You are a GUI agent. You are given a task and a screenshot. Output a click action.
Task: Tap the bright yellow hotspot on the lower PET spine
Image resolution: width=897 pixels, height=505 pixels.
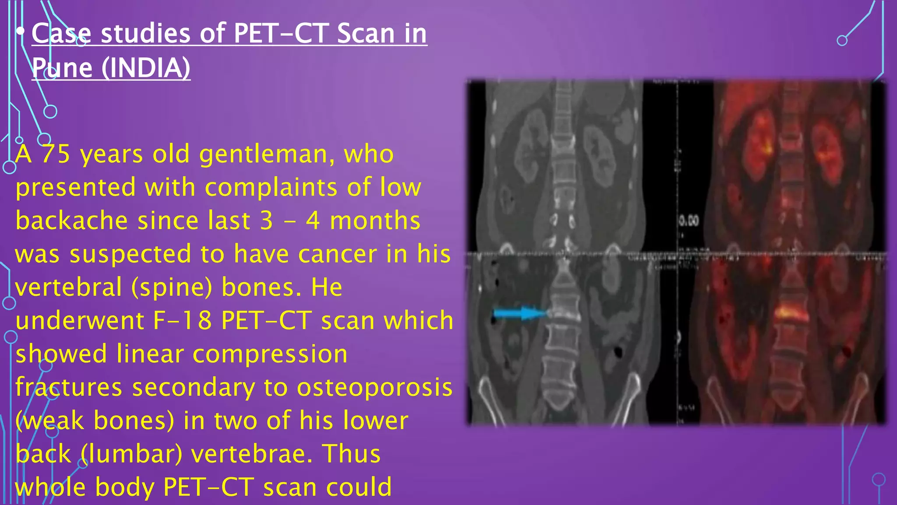pos(791,313)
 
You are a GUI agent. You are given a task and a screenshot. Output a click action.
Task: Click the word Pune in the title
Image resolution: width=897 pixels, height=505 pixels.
pos(62,68)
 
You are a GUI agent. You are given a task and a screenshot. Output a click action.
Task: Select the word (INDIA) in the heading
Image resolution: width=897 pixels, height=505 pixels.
pos(146,68)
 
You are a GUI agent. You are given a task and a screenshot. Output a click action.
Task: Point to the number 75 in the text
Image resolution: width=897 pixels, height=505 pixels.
pos(56,154)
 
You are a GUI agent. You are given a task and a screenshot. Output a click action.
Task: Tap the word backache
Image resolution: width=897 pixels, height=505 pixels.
pos(72,220)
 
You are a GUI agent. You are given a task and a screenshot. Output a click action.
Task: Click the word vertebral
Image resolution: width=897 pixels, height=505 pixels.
pos(69,287)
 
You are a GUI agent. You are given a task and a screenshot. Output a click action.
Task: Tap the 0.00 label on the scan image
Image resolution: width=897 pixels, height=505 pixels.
pos(689,220)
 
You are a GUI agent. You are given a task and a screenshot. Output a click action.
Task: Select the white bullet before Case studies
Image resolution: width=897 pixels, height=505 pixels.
pos(20,31)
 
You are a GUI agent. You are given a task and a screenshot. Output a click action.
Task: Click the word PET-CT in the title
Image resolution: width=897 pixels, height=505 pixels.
pos(280,34)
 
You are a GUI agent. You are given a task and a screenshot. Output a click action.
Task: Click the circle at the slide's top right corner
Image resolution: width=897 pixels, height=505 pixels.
pos(842,41)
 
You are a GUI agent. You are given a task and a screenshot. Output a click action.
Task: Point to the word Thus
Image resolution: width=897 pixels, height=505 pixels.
pos(351,454)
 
